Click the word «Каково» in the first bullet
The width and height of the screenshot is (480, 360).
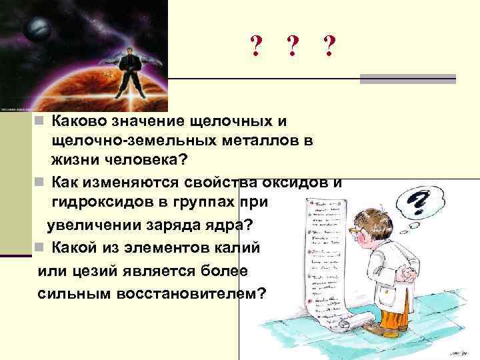point(79,123)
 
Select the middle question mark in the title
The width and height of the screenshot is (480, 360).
point(291,47)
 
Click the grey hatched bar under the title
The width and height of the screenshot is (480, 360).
point(407,79)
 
